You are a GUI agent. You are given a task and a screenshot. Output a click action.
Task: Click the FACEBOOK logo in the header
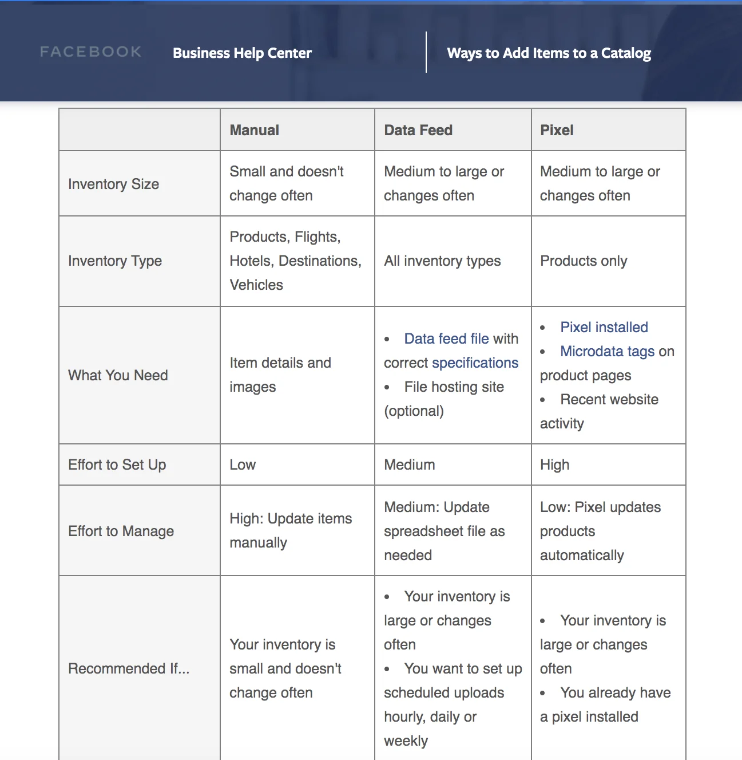(x=90, y=52)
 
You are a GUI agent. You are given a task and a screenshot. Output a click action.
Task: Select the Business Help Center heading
(x=242, y=53)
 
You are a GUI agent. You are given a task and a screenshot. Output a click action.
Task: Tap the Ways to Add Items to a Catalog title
(x=549, y=53)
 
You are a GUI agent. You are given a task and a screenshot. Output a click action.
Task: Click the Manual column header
(x=255, y=131)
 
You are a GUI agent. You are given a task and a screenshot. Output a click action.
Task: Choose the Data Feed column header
(x=418, y=131)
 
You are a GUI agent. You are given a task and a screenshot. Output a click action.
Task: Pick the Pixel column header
(x=557, y=131)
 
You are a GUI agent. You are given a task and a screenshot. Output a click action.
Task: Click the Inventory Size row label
(x=113, y=184)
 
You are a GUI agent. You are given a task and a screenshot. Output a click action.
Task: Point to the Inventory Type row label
(x=115, y=261)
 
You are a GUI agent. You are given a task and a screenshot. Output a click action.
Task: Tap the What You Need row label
(x=118, y=376)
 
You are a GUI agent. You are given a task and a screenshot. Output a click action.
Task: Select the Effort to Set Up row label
(x=117, y=465)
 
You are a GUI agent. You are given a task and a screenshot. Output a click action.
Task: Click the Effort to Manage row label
(x=121, y=531)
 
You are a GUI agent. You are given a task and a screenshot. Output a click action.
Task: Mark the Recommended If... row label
(x=129, y=669)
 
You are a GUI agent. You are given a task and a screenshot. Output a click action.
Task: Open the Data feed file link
(x=446, y=339)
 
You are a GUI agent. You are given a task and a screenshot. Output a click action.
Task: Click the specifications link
(x=475, y=363)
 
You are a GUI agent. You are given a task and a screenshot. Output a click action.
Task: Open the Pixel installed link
(x=604, y=328)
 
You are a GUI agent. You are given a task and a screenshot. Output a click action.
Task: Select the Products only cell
(x=584, y=261)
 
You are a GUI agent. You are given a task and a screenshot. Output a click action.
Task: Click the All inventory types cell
(x=442, y=261)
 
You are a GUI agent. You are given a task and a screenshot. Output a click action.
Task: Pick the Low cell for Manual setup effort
(x=243, y=465)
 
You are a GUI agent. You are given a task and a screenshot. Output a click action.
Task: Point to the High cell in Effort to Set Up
(x=554, y=465)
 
